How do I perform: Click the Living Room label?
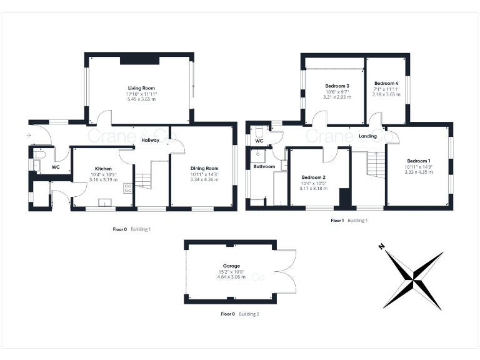[x=141, y=88]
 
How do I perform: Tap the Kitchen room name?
[x=103, y=169]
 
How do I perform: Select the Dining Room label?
[x=204, y=168]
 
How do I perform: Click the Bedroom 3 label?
[x=337, y=86]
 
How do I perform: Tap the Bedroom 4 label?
[x=386, y=84]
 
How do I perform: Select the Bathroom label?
[x=264, y=167]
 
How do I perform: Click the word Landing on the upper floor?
[x=367, y=136]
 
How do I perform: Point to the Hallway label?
[x=151, y=141]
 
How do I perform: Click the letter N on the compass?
[x=381, y=247]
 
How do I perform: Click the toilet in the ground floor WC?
[x=39, y=156]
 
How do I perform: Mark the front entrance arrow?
[x=27, y=134]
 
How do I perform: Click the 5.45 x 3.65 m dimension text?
[x=141, y=99]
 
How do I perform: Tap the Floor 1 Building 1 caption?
[x=349, y=221]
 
